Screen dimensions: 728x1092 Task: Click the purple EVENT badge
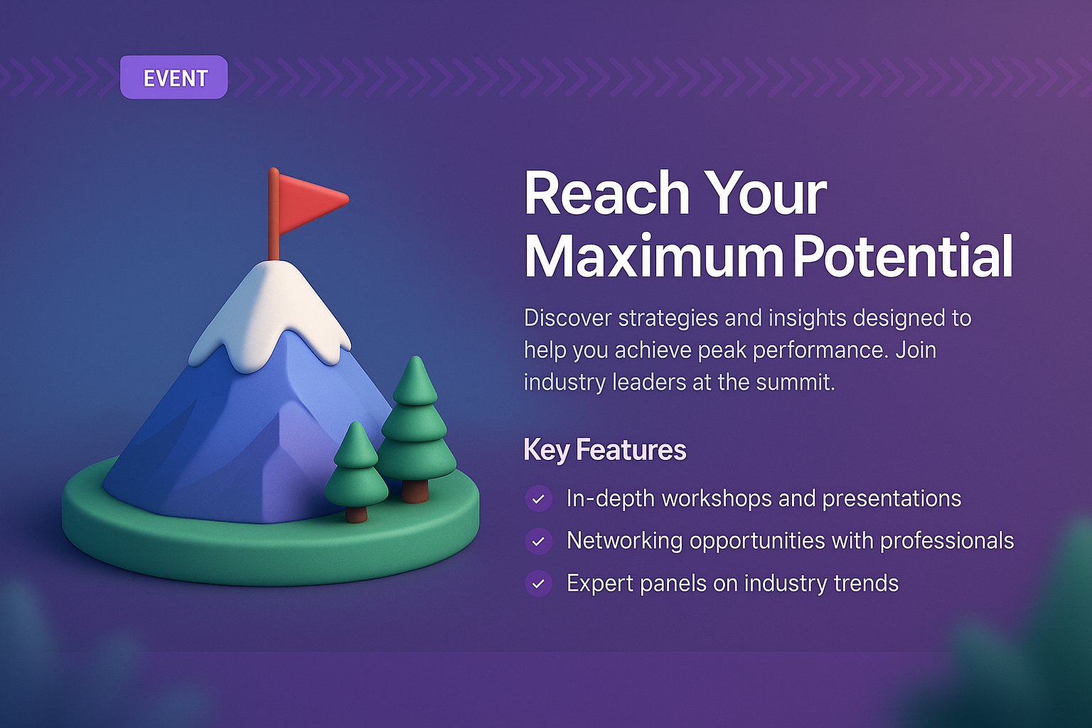point(174,77)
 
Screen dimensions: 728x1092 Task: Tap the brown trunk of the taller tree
point(415,491)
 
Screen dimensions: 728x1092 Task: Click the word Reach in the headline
point(606,193)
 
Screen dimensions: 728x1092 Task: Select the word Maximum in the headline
point(653,257)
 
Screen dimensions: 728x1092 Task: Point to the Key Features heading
point(605,450)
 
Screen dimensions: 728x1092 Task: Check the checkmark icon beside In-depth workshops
point(538,499)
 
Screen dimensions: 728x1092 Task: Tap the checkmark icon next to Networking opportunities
point(538,541)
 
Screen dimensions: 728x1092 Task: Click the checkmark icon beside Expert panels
point(538,584)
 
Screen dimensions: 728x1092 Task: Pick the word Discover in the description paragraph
point(567,318)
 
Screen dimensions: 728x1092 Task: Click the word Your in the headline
point(766,193)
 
